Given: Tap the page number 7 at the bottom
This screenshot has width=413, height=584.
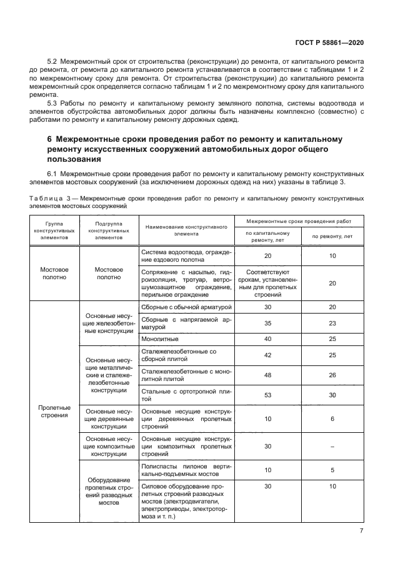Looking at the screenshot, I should pos(362,531).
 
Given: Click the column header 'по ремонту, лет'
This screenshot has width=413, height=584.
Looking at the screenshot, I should pos(332,236).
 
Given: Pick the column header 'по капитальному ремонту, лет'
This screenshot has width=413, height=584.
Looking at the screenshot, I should pos(267,236).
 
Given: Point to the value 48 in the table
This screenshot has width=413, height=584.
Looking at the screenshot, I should pos(267,375).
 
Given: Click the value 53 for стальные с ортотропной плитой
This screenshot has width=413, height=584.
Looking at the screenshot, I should pos(267,395).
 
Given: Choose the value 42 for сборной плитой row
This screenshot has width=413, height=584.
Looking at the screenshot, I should pos(267,355).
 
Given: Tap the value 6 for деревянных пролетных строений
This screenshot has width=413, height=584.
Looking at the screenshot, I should pos(332,419).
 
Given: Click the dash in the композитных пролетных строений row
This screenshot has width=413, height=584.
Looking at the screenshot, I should pos(332,447).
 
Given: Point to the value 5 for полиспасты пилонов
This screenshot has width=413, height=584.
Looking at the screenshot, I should pos(332,470).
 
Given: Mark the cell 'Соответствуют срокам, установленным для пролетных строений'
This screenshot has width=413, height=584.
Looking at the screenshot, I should pos(267,282).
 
